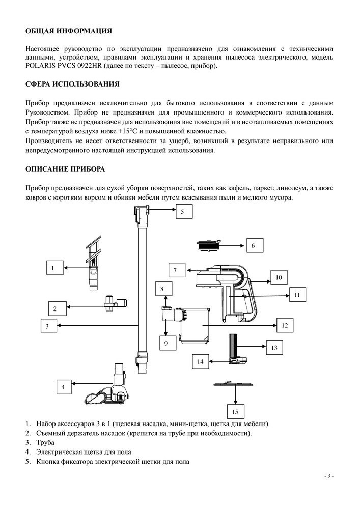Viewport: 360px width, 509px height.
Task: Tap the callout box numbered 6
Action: [253, 245]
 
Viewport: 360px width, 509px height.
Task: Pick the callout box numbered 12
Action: [285, 325]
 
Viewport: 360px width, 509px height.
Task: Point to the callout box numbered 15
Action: [235, 411]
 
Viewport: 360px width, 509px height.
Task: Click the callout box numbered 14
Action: [201, 361]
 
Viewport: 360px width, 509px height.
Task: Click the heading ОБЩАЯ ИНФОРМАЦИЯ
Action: [68, 31]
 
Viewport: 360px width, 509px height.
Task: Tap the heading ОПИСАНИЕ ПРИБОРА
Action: [65, 168]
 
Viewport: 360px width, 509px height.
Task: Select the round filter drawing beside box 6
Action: [209, 245]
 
